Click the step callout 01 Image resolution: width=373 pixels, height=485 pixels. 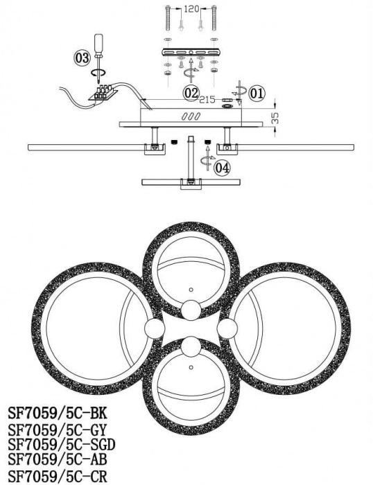coord(257,93)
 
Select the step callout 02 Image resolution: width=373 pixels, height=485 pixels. coord(191,93)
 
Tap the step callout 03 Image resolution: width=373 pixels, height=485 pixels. coord(82,58)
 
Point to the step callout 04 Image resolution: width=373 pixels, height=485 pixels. coord(223,168)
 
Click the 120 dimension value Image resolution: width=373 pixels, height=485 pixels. coord(191,9)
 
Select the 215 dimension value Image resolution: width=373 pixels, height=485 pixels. coord(207,100)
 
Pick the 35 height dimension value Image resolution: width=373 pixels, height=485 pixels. coord(275,118)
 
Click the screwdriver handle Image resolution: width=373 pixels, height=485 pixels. coord(98,44)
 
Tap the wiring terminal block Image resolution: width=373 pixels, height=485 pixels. coord(103,93)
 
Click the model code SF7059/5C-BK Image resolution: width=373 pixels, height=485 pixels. coord(58,413)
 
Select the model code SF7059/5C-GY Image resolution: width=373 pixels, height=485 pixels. coord(57,430)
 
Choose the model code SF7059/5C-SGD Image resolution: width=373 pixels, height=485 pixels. coord(61,445)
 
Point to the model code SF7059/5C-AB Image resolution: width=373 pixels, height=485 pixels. coord(58,459)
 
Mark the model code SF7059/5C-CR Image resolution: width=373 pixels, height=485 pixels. coord(58,476)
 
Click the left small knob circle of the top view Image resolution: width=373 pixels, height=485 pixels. coord(155,329)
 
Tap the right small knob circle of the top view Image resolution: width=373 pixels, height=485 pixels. coord(227,329)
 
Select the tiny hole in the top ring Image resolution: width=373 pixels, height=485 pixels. coord(191,290)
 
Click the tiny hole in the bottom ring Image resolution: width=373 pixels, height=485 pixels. coord(191,367)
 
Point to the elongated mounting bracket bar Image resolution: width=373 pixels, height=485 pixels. coord(191,52)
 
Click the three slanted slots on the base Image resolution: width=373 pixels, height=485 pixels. coord(191,116)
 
